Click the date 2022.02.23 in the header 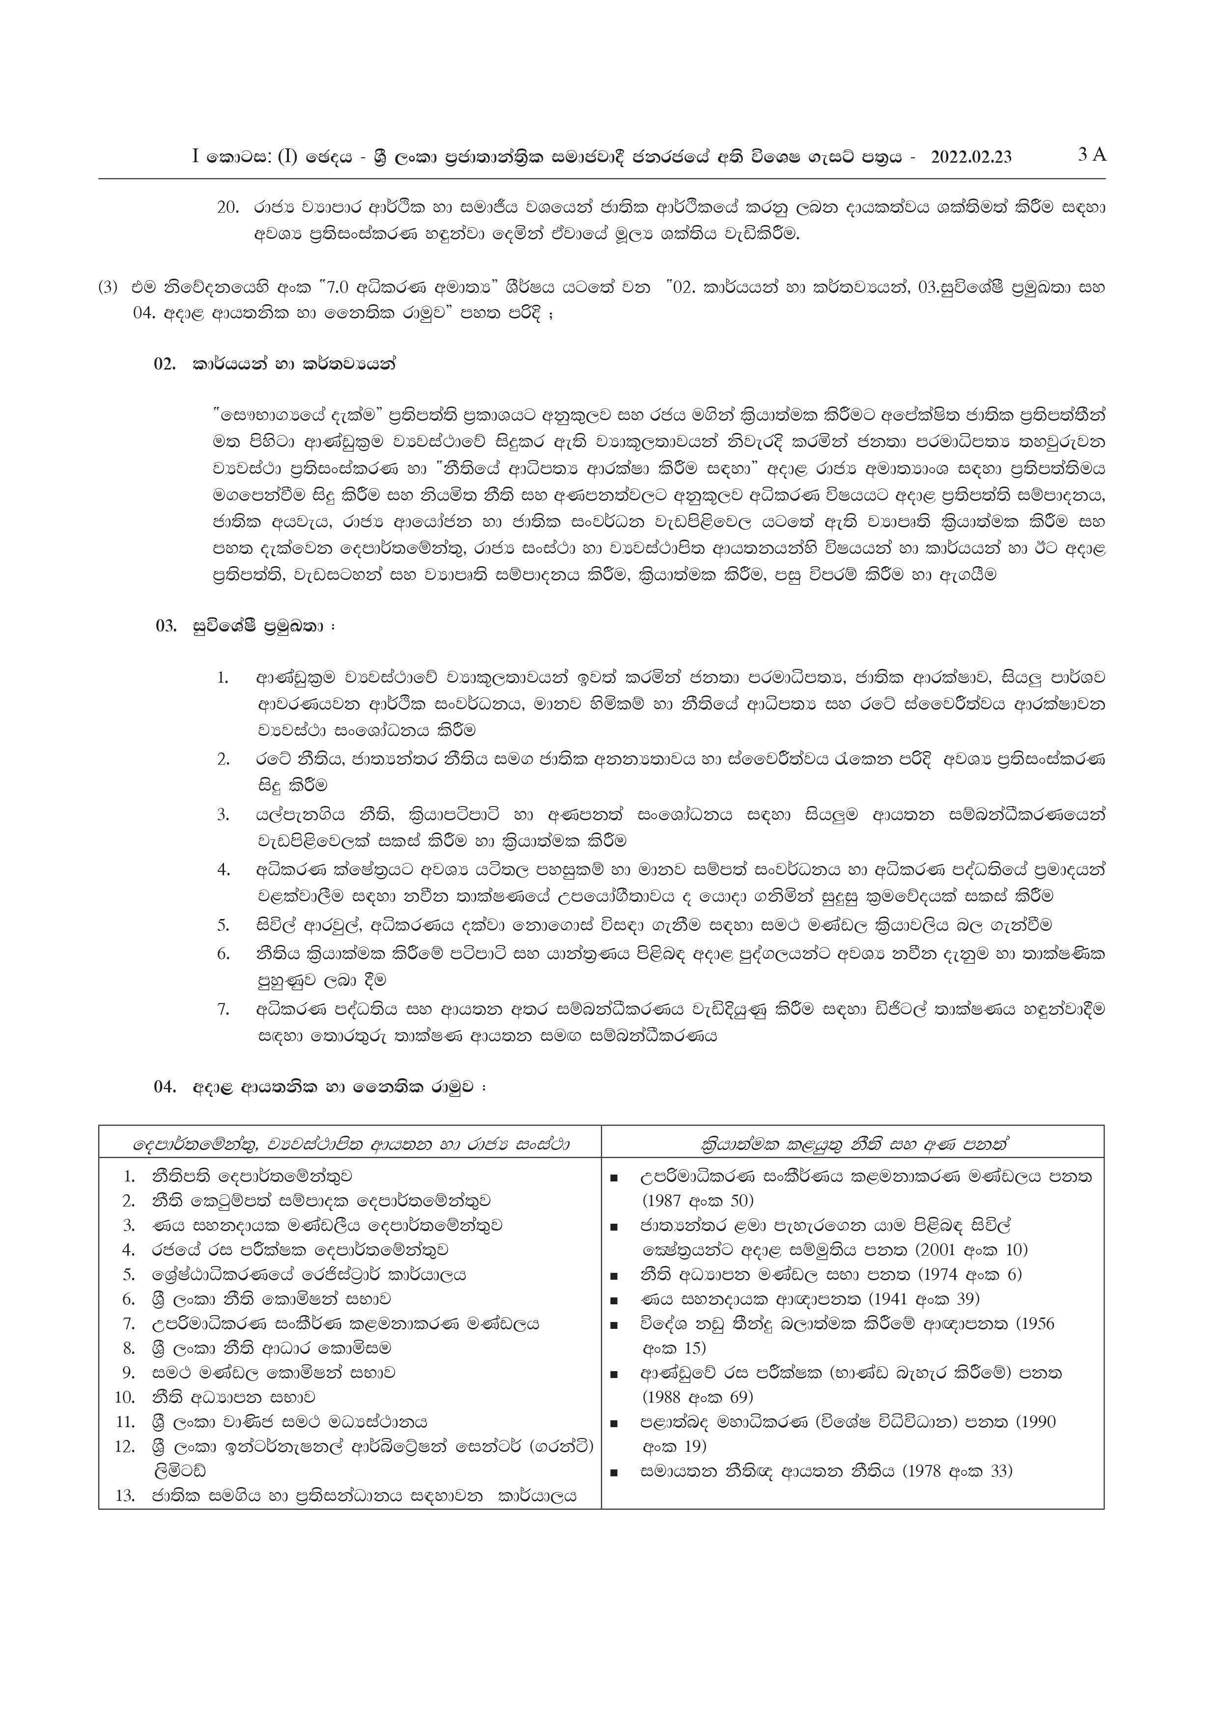point(970,157)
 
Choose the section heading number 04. point(165,1087)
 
